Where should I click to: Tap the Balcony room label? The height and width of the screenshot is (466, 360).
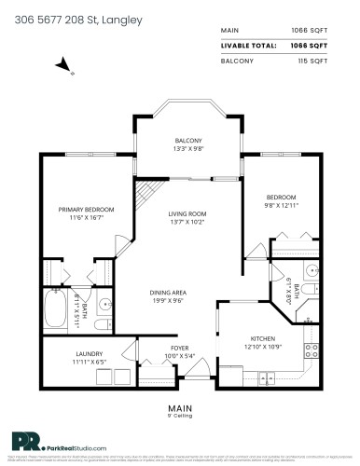[188, 141]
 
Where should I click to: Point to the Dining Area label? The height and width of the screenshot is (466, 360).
[169, 293]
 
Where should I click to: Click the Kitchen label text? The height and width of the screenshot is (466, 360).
[260, 339]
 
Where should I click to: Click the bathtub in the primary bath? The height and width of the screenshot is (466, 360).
[61, 304]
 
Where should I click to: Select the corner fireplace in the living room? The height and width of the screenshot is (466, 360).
[146, 195]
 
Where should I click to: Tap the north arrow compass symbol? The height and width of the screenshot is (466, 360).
[62, 64]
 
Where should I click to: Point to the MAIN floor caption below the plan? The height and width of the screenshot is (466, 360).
[179, 407]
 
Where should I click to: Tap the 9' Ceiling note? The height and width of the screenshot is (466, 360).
[179, 416]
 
